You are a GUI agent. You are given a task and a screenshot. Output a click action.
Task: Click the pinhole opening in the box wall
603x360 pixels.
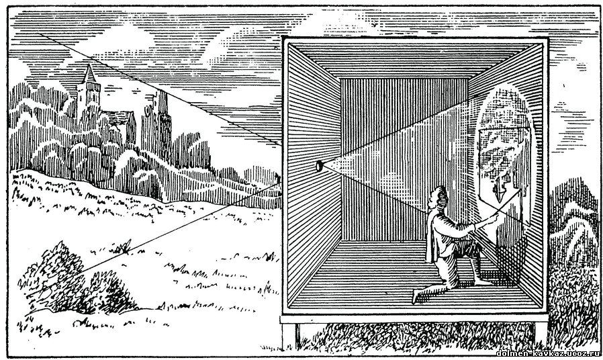tap(319, 166)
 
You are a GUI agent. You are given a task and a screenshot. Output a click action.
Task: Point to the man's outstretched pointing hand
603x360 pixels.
tap(494, 219)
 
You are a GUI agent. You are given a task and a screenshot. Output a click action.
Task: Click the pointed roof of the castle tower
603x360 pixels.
tap(90, 73)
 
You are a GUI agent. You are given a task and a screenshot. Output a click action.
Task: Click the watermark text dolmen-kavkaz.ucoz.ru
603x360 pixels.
tap(548, 353)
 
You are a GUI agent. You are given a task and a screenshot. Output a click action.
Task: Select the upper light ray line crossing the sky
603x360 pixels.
tap(159, 89)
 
